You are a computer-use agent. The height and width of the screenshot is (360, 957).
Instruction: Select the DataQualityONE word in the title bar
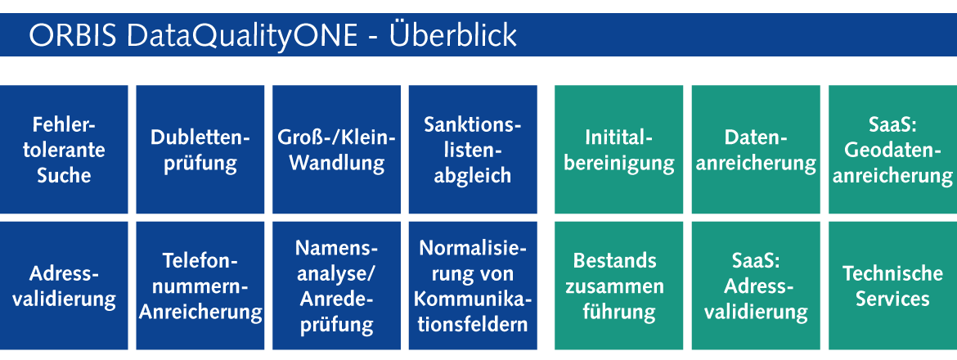(242, 37)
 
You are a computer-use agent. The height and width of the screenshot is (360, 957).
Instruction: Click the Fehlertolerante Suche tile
(64, 149)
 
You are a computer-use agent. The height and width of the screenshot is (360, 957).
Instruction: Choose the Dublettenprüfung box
(200, 149)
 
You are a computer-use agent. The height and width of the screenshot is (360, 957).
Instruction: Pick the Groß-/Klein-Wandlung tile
(336, 149)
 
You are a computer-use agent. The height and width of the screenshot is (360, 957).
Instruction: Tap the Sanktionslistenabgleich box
(473, 149)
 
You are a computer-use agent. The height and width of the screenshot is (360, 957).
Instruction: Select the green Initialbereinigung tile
(619, 149)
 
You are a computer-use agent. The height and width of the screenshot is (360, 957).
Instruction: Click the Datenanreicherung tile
(756, 149)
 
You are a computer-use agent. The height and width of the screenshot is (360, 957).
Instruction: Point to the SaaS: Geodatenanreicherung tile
(893, 149)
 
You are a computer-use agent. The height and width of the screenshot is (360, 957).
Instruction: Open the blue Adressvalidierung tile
(64, 286)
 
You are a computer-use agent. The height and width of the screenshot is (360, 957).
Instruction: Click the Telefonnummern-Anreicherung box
(200, 286)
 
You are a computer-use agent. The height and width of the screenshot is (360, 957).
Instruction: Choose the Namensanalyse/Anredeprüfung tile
(336, 286)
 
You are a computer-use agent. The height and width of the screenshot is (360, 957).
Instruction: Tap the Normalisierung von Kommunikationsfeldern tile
(473, 286)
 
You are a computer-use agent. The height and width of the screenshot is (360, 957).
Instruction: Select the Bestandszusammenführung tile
(619, 286)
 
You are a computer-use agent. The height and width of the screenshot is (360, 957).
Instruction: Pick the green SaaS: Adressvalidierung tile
(756, 286)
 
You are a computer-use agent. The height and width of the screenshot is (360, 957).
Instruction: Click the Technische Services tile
(893, 286)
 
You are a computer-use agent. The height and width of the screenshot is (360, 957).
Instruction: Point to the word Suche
(64, 175)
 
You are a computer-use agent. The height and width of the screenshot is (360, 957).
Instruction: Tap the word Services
(892, 299)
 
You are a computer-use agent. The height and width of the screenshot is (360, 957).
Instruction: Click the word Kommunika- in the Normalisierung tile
(473, 299)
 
